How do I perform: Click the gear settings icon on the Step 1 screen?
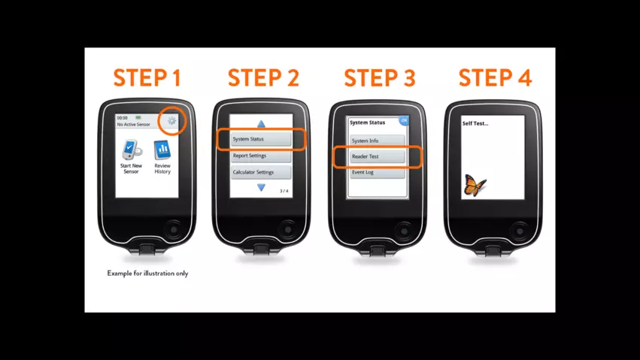(171, 120)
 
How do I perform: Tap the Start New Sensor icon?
(132, 150)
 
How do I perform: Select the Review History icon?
(162, 150)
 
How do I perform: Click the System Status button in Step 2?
(261, 139)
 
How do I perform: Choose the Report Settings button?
(261, 156)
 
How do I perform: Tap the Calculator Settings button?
(261, 172)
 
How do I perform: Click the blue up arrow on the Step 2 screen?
(261, 124)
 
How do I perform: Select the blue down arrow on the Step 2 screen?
(261, 187)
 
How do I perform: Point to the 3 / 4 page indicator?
(284, 191)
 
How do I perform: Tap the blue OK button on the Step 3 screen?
(404, 120)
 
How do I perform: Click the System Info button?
(377, 141)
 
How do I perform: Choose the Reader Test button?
(377, 156)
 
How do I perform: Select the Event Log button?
(377, 172)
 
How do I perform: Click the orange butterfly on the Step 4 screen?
(475, 185)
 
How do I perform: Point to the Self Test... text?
(475, 123)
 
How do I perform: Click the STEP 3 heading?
(380, 78)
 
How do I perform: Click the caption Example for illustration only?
(147, 273)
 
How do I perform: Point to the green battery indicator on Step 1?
(138, 117)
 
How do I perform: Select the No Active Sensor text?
(133, 124)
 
